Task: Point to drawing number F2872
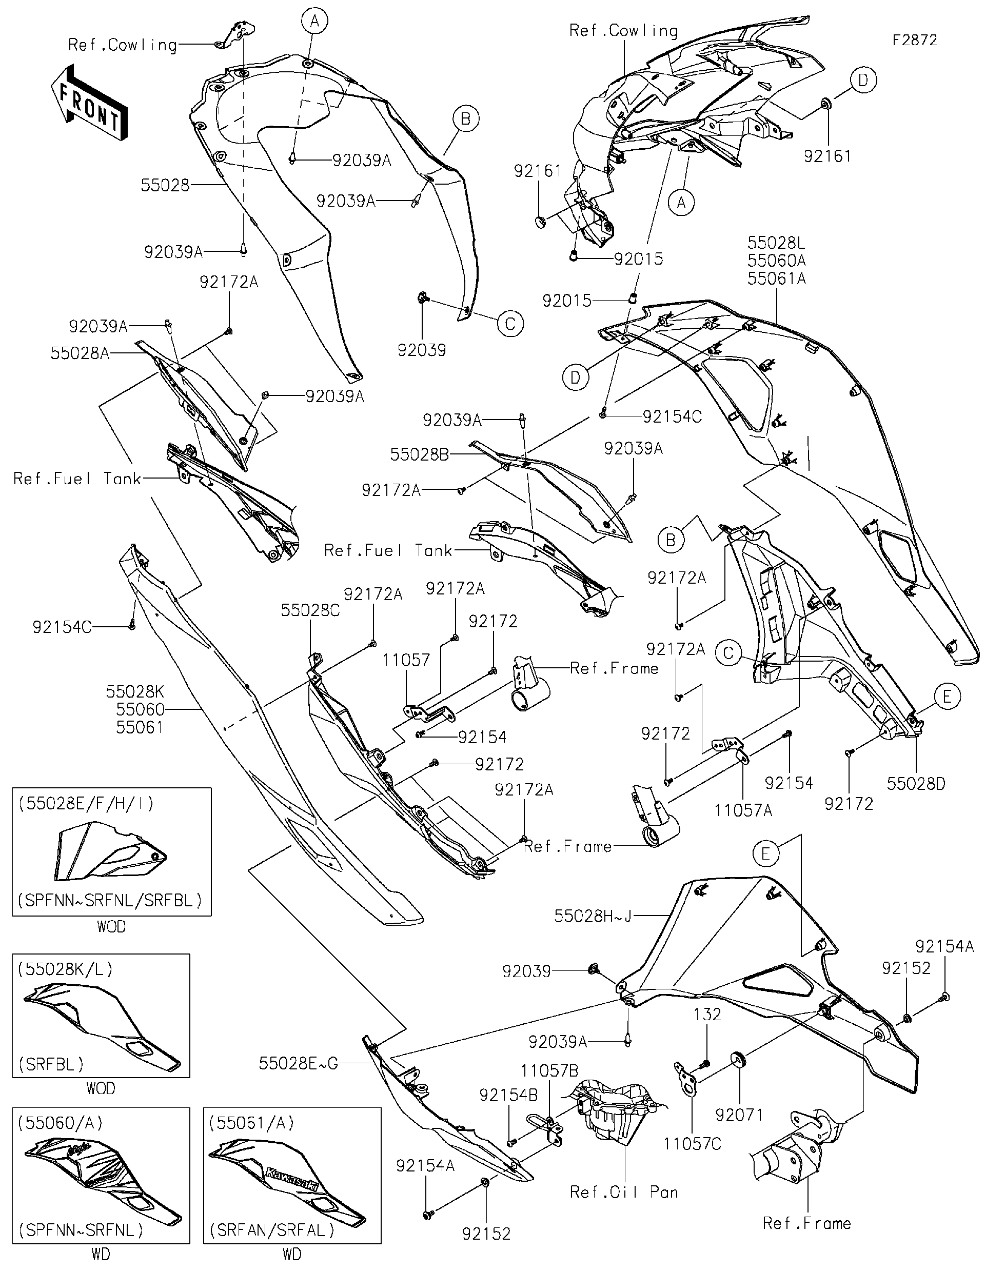(915, 40)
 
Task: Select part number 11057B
(549, 1070)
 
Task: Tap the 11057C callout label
(692, 1144)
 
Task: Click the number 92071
(739, 1115)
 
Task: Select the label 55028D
(916, 784)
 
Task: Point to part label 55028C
(310, 610)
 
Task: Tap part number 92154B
(508, 1096)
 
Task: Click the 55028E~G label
(298, 1063)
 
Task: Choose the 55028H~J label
(593, 916)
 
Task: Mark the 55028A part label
(81, 353)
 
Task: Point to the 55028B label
(420, 455)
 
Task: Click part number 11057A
(743, 810)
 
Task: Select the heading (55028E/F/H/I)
(86, 804)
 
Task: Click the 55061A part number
(777, 279)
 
